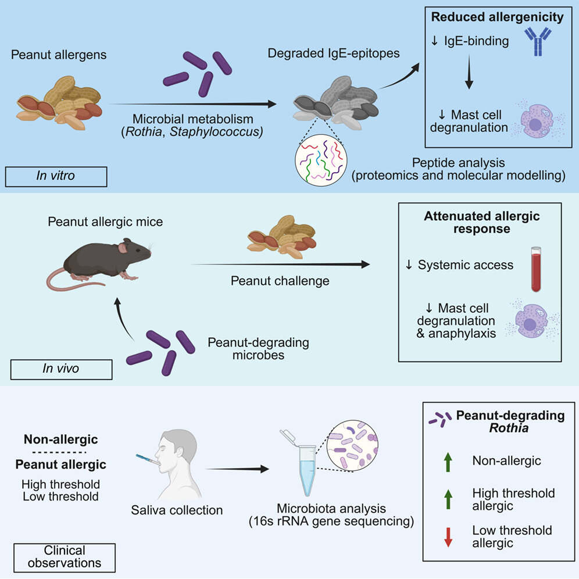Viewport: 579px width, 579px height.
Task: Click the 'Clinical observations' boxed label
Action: [x=64, y=556]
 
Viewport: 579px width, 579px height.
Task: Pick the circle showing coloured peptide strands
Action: [x=320, y=160]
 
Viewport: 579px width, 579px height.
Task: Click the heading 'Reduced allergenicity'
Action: [x=497, y=17]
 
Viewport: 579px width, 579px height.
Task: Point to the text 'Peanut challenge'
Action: [x=280, y=281]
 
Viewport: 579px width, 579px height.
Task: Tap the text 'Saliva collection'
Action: [x=177, y=510]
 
